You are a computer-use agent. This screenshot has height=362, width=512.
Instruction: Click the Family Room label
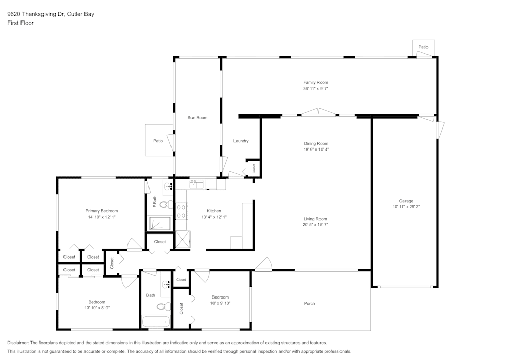[315, 82]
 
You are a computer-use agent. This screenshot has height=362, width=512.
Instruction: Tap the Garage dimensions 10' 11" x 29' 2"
[406, 207]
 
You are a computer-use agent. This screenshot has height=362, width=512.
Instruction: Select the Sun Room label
[198, 118]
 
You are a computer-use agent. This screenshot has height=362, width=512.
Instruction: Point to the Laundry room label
[241, 141]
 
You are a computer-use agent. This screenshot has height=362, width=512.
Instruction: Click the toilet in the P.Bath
[166, 204]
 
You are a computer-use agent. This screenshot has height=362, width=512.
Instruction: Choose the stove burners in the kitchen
[181, 211]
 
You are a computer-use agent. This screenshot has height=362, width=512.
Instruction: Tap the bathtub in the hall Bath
[156, 322]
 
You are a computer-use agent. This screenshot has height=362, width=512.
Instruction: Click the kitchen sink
[197, 184]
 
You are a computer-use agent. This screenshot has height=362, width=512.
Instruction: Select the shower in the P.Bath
[160, 224]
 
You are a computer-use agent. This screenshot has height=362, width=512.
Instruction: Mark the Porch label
[310, 303]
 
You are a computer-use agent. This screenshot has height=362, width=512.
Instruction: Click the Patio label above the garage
[423, 47]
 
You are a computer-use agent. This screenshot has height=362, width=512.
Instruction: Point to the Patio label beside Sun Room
[158, 141]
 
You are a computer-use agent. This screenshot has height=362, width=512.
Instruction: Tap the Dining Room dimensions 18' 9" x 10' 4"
[316, 150]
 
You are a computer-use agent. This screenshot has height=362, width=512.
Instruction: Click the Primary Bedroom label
[101, 211]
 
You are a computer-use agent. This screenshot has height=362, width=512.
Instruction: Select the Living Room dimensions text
[315, 225]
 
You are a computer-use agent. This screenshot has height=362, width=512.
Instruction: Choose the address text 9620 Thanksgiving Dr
[36, 14]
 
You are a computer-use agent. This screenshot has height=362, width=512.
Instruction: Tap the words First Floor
[20, 23]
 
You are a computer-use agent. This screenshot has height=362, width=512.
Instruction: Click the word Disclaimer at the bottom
[17, 343]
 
